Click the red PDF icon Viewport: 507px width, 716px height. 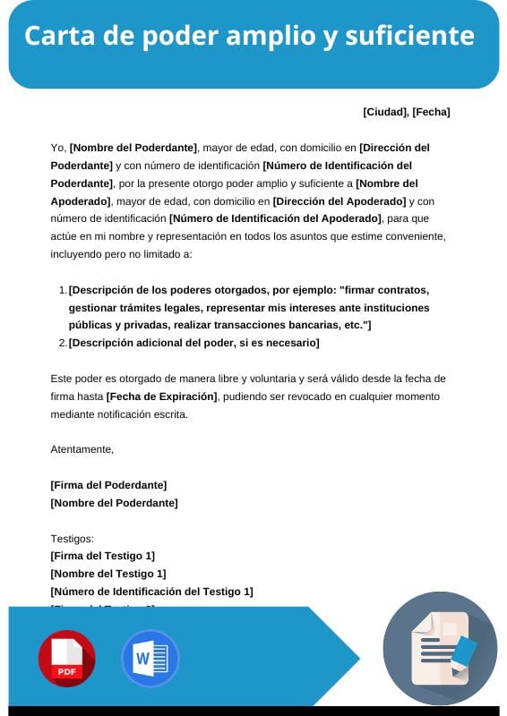(x=66, y=659)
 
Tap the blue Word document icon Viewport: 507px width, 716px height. (x=150, y=659)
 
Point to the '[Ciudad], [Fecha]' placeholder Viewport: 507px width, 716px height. (x=407, y=112)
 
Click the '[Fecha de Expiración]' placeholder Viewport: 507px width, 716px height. (x=162, y=396)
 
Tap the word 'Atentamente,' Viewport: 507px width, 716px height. (x=82, y=449)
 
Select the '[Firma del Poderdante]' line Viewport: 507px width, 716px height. (x=108, y=485)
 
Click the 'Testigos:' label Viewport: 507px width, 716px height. (x=73, y=539)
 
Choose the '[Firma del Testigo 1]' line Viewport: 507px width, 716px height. (x=103, y=556)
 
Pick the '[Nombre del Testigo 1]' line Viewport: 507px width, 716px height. (x=108, y=574)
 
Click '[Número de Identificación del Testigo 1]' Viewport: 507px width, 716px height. (x=152, y=592)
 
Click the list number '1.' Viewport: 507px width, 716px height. (x=62, y=290)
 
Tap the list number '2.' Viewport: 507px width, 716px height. (x=62, y=343)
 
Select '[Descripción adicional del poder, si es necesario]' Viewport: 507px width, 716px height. (x=193, y=343)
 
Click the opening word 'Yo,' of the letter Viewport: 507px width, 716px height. (x=59, y=148)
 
